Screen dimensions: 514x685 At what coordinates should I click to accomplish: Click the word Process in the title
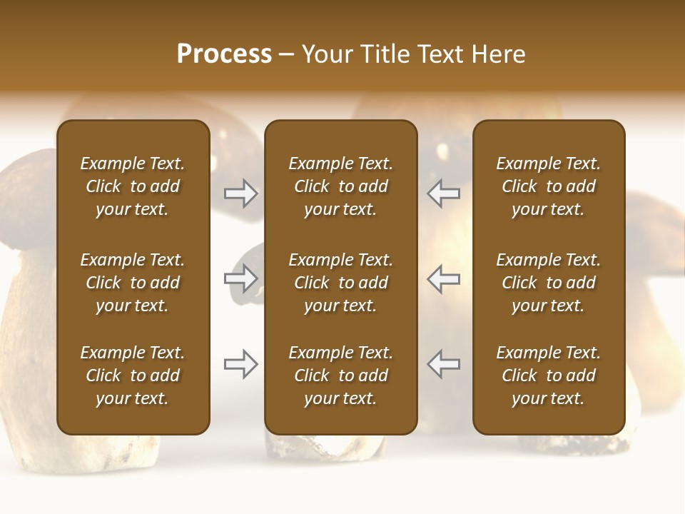pyautogui.click(x=224, y=54)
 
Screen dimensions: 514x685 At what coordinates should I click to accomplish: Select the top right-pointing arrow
pyautogui.click(x=241, y=193)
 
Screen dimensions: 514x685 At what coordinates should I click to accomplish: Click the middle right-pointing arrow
pyautogui.click(x=241, y=278)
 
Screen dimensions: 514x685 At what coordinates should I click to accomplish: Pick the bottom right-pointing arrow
pyautogui.click(x=241, y=364)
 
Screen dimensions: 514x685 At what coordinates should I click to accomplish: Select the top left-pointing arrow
pyautogui.click(x=443, y=193)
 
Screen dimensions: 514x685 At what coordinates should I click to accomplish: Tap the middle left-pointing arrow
pyautogui.click(x=443, y=278)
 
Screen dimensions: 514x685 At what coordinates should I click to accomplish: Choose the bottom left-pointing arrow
pyautogui.click(x=443, y=364)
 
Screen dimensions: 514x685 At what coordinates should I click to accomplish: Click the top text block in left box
pyautogui.click(x=133, y=186)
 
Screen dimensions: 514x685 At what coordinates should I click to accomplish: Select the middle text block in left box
pyautogui.click(x=133, y=283)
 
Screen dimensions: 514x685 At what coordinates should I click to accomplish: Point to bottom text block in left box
pyautogui.click(x=133, y=376)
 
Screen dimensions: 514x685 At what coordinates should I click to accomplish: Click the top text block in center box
pyautogui.click(x=340, y=186)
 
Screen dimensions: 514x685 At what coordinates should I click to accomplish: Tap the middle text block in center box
pyautogui.click(x=340, y=283)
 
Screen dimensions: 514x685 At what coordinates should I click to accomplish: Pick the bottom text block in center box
pyautogui.click(x=340, y=376)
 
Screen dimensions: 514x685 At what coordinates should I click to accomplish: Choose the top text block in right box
pyautogui.click(x=548, y=186)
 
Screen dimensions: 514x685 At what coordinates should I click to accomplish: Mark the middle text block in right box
pyautogui.click(x=548, y=283)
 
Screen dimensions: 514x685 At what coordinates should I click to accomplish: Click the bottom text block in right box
pyautogui.click(x=548, y=376)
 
